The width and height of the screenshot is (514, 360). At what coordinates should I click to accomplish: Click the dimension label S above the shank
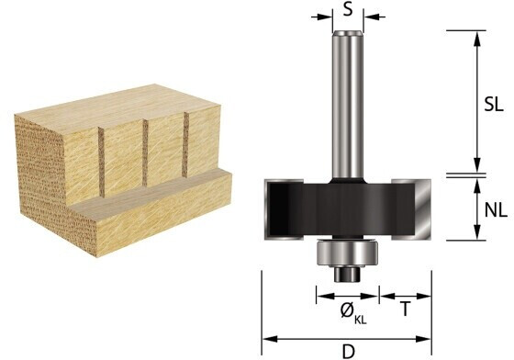pyautogui.click(x=348, y=9)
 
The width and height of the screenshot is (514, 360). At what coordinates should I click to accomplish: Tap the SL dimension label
pyautogui.click(x=494, y=105)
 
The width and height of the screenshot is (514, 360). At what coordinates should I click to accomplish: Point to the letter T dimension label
pyautogui.click(x=406, y=309)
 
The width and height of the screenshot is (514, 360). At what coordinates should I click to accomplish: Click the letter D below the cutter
pyautogui.click(x=349, y=352)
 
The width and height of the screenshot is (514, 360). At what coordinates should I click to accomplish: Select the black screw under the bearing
pyautogui.click(x=348, y=274)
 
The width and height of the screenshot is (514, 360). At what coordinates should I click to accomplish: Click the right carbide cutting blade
pyautogui.click(x=423, y=209)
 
